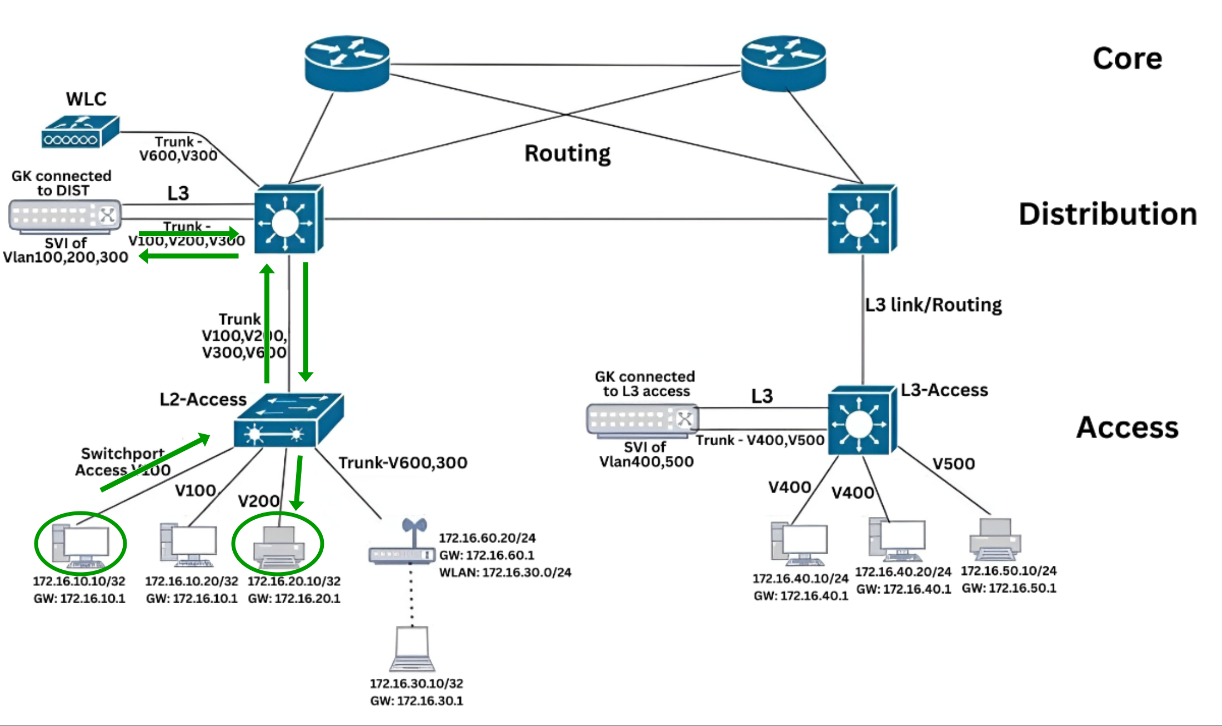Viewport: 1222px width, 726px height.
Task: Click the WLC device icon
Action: tap(81, 132)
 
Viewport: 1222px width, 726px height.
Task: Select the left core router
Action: tap(347, 63)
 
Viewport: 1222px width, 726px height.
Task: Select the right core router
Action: tap(784, 63)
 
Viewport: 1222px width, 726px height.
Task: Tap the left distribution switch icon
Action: tap(289, 219)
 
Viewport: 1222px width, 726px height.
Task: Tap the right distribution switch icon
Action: tap(862, 219)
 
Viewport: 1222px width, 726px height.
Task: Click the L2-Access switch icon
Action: tap(288, 420)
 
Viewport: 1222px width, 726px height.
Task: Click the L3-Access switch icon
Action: tap(862, 421)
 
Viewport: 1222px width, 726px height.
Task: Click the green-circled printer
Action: tap(278, 547)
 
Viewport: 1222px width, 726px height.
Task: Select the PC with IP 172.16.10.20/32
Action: tap(189, 545)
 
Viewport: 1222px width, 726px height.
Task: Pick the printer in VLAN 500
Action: tap(995, 539)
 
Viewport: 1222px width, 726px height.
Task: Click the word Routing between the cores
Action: tap(567, 153)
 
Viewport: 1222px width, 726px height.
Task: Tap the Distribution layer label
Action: tap(1108, 214)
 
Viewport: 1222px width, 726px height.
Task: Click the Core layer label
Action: tap(1127, 58)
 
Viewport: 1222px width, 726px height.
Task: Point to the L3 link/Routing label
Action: tap(933, 305)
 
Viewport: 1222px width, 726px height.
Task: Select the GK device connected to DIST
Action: tap(65, 216)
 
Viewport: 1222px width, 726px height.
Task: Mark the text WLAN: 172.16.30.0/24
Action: tap(505, 572)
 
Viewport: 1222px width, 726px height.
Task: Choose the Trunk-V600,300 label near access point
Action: tap(403, 463)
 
